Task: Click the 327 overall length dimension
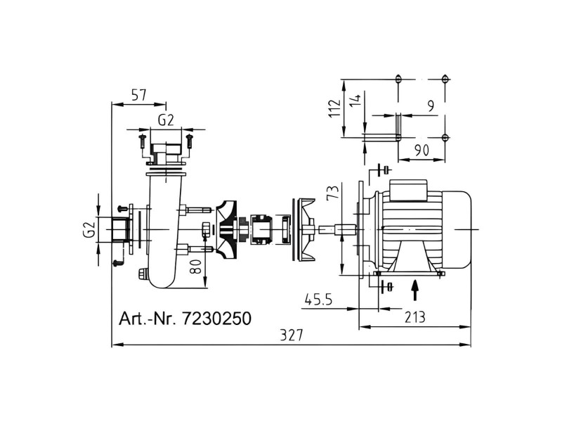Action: (292, 335)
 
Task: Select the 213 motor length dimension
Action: (414, 317)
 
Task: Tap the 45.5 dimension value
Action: (319, 299)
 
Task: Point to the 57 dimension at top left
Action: (138, 96)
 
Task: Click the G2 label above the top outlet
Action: (166, 120)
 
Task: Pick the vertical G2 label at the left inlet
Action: (89, 230)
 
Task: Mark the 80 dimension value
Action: (195, 267)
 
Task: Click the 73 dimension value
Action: (333, 193)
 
